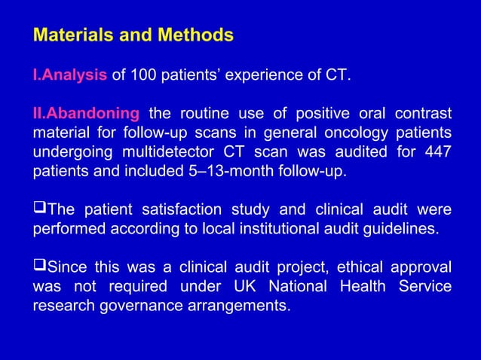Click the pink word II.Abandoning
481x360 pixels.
[x=85, y=114]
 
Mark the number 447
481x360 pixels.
[x=437, y=152]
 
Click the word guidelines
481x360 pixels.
[x=403, y=229]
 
